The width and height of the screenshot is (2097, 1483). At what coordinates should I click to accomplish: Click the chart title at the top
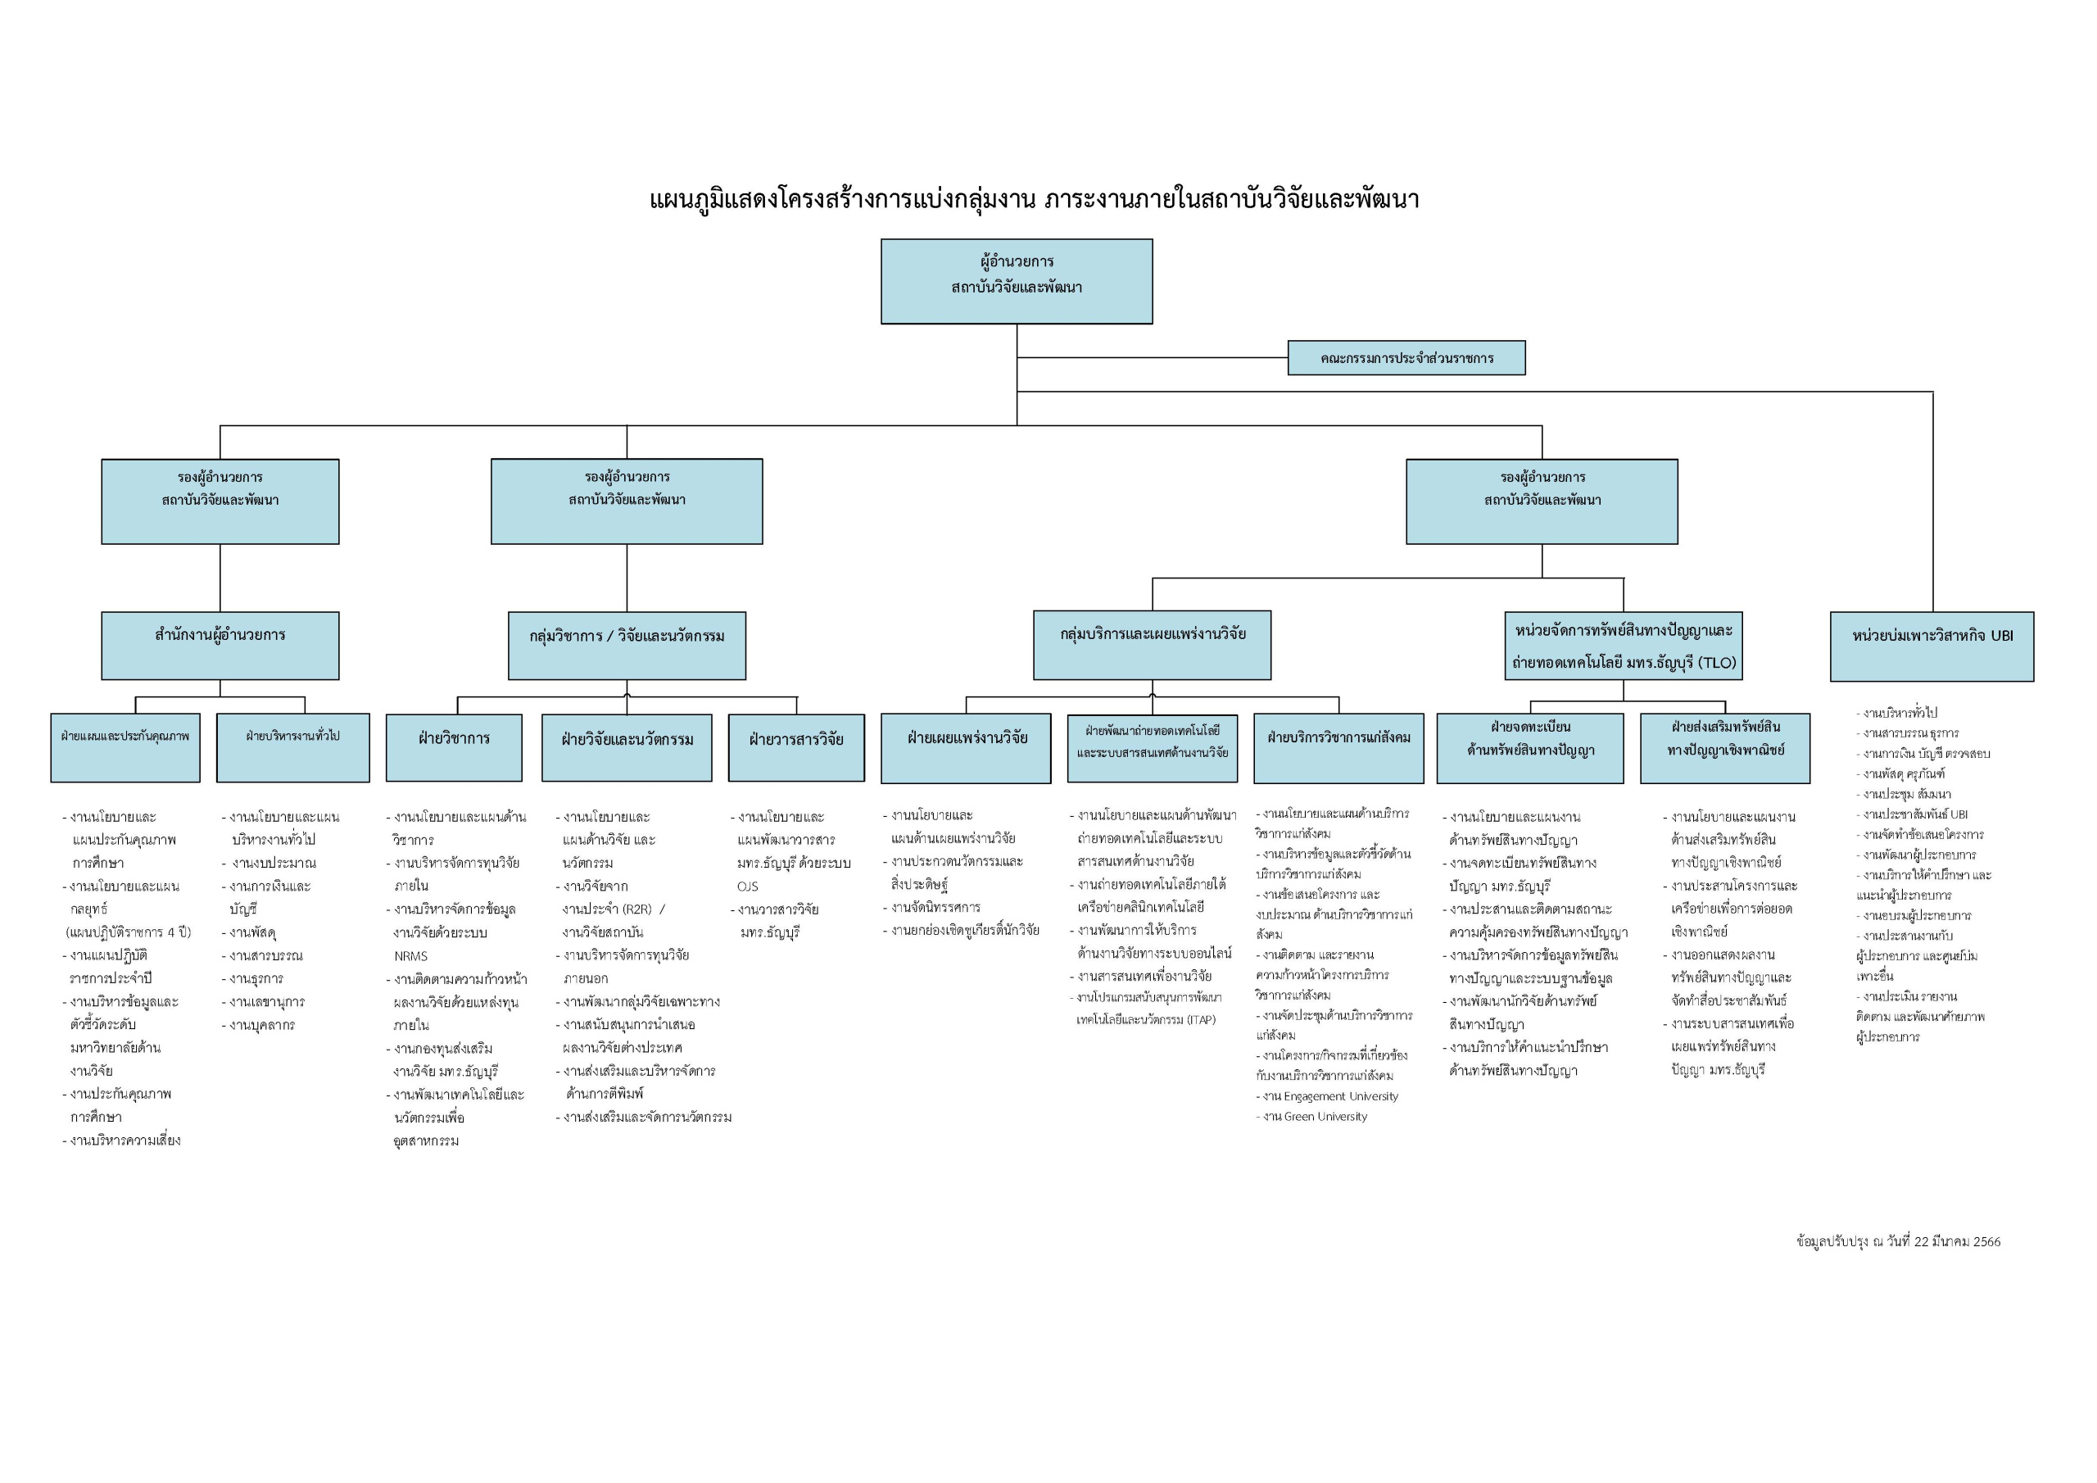tap(1034, 199)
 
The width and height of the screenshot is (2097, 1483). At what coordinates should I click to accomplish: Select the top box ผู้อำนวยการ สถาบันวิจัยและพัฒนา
tap(1016, 280)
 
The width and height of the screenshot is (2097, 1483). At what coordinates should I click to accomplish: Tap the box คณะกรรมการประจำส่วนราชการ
tap(1406, 358)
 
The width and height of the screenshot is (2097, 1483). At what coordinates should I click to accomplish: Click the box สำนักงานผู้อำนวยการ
tap(220, 645)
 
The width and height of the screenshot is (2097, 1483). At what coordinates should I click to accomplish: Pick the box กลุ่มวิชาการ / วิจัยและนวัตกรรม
tap(627, 646)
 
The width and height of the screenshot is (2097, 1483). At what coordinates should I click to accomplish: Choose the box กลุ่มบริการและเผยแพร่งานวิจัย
tap(1152, 645)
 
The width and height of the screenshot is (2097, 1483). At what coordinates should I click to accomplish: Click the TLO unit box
tap(1623, 646)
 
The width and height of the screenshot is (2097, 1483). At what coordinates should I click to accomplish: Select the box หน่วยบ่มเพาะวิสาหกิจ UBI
tap(1932, 646)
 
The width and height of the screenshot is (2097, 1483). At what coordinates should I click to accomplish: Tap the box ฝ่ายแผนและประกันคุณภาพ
tap(125, 747)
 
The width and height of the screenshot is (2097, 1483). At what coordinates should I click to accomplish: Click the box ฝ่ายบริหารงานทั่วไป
tap(292, 747)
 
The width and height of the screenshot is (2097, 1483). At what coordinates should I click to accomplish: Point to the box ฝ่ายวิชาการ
tap(454, 747)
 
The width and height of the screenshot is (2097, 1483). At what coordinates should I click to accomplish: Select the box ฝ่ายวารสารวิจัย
tap(795, 747)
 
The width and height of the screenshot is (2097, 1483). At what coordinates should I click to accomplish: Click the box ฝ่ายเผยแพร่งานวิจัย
tap(966, 747)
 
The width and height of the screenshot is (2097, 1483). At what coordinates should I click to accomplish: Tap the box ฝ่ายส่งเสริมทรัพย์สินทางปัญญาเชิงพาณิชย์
tap(1724, 747)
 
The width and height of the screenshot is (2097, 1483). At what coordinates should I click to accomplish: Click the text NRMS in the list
tap(411, 956)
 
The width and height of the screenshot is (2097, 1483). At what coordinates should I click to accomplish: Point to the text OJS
tap(747, 887)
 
